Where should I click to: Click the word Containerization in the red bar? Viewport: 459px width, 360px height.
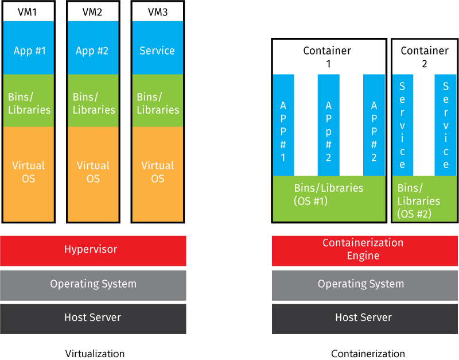363,243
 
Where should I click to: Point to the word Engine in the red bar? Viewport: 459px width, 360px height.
363,256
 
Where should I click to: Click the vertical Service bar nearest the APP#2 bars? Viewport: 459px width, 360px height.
403,125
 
